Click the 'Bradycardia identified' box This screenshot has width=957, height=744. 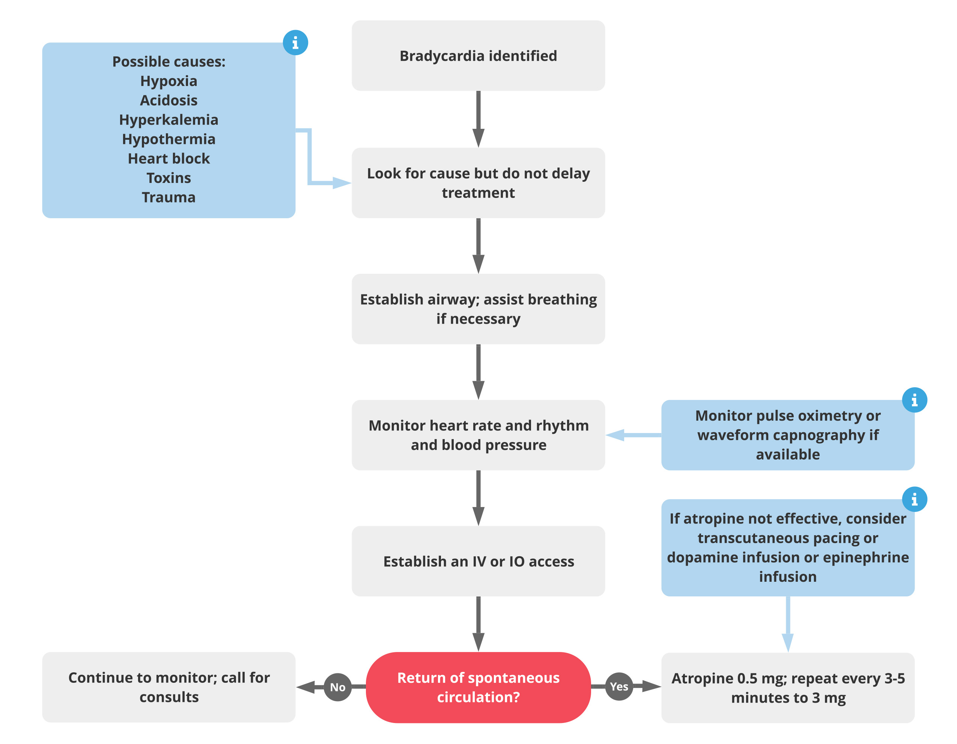click(x=478, y=56)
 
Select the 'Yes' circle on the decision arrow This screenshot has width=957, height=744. click(x=619, y=687)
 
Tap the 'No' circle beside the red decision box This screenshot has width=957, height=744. click(x=337, y=687)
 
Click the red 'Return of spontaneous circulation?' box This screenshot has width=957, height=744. click(x=478, y=687)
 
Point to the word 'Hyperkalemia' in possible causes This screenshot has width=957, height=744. click(x=169, y=120)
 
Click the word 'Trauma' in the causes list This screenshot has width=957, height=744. click(x=169, y=197)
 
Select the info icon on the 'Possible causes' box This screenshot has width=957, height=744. click(x=295, y=42)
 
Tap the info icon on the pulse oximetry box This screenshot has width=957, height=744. click(x=915, y=400)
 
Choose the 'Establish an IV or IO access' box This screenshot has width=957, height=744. click(x=478, y=561)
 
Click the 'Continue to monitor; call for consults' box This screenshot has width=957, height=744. click(x=169, y=687)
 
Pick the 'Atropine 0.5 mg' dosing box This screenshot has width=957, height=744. click(x=788, y=687)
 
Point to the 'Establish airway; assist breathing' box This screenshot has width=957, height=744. click(x=478, y=309)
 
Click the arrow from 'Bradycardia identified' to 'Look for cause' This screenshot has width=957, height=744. click(x=478, y=119)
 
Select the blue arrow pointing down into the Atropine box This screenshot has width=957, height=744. click(x=788, y=624)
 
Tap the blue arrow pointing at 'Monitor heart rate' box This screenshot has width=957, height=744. click(x=633, y=435)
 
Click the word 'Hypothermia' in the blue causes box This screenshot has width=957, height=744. click(x=169, y=139)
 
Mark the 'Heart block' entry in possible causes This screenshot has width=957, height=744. click(x=169, y=158)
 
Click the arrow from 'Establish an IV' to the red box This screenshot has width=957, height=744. click(x=478, y=624)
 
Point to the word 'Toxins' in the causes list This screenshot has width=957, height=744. click(x=169, y=178)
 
